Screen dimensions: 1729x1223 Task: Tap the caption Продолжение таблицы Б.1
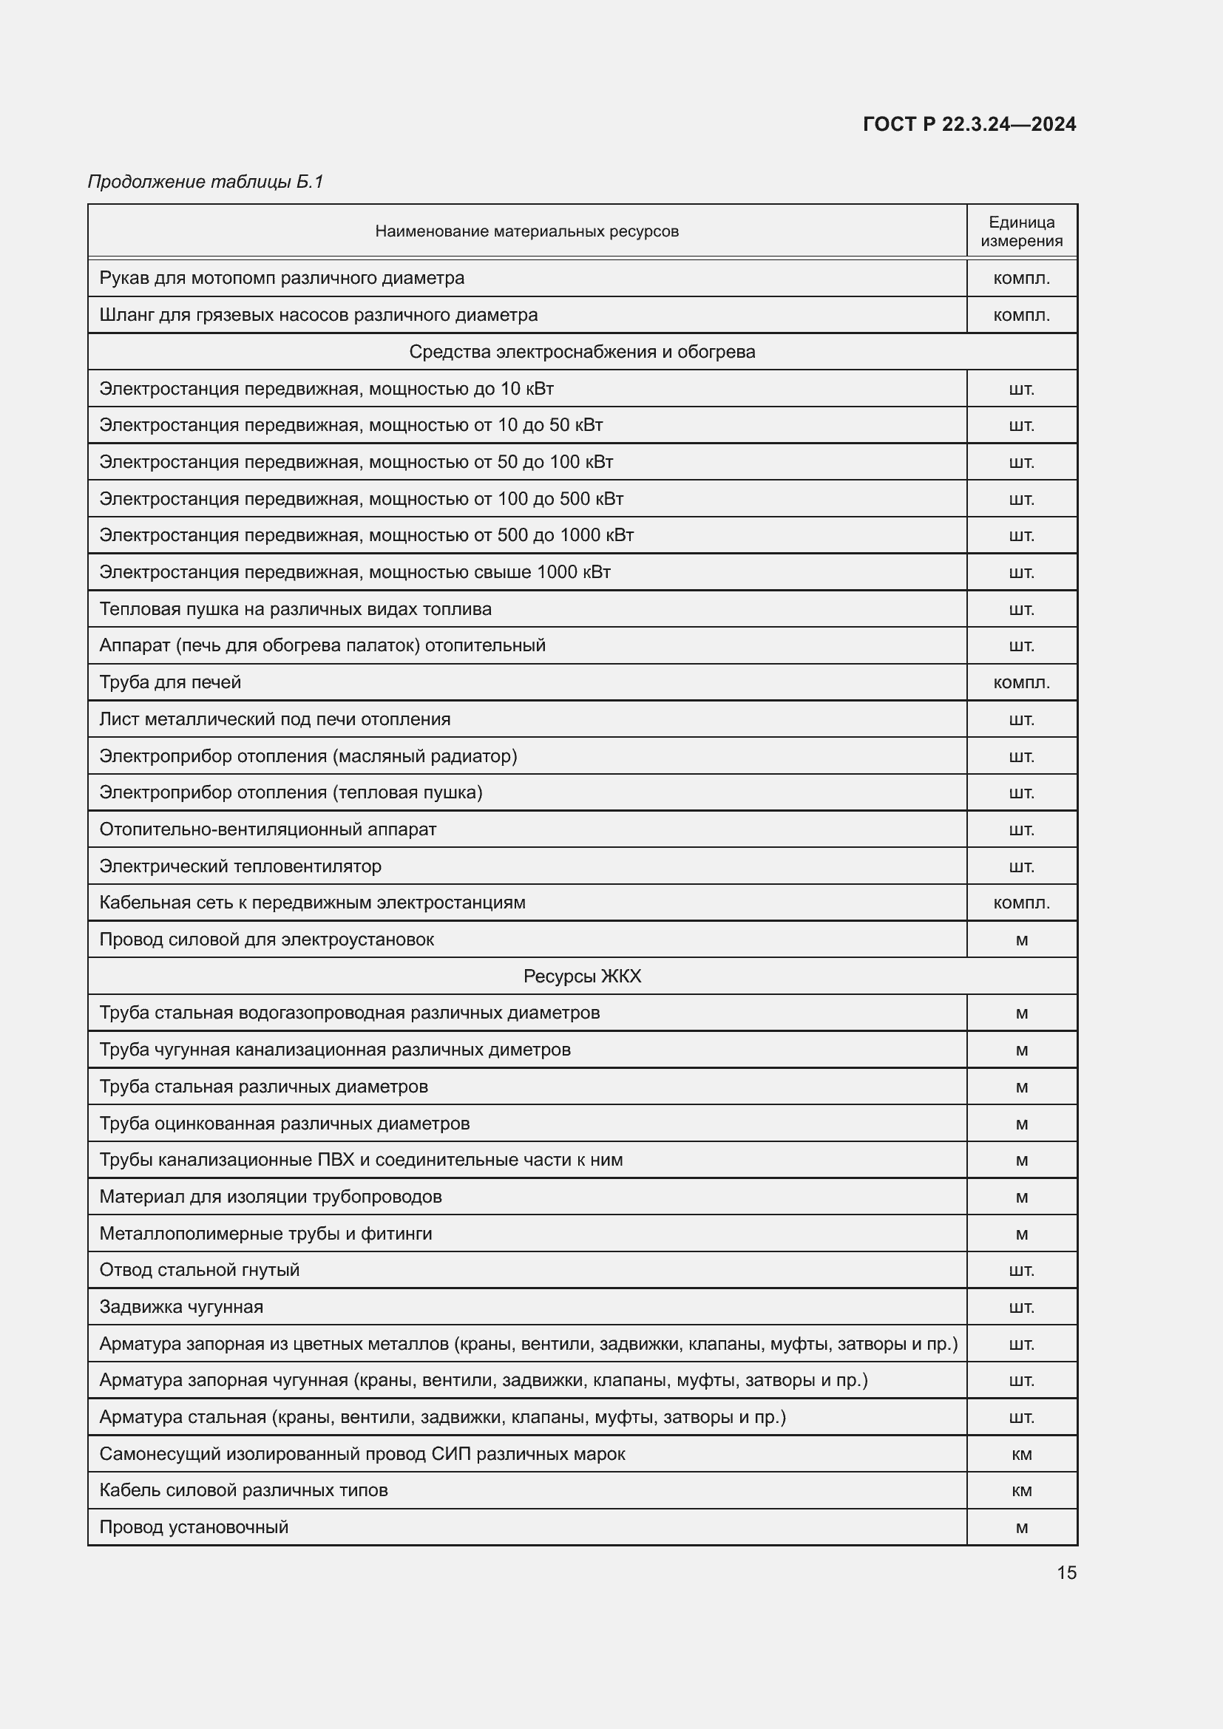coord(206,182)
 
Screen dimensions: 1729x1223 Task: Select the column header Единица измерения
coord(1021,231)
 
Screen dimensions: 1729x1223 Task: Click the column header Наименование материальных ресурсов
coord(526,231)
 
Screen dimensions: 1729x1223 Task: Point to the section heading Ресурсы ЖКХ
coord(581,976)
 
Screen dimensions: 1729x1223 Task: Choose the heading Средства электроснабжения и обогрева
coord(581,352)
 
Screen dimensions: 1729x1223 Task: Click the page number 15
coord(1066,1572)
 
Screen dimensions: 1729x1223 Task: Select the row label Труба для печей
coord(170,682)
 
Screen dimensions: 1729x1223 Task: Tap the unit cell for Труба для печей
coord(1021,682)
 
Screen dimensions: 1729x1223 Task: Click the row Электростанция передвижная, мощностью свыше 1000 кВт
coord(355,572)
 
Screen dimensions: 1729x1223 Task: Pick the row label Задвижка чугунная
coord(181,1306)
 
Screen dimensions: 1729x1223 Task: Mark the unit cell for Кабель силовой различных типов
coord(1021,1490)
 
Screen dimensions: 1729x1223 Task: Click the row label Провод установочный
coord(194,1527)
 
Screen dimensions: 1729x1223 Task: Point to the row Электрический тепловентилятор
coord(240,866)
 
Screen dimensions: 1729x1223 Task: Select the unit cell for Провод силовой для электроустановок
coord(1021,940)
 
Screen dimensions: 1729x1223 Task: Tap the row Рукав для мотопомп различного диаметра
coord(282,278)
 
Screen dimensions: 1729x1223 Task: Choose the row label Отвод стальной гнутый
coord(200,1270)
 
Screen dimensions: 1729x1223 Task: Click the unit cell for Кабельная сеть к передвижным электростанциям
coord(1021,903)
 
